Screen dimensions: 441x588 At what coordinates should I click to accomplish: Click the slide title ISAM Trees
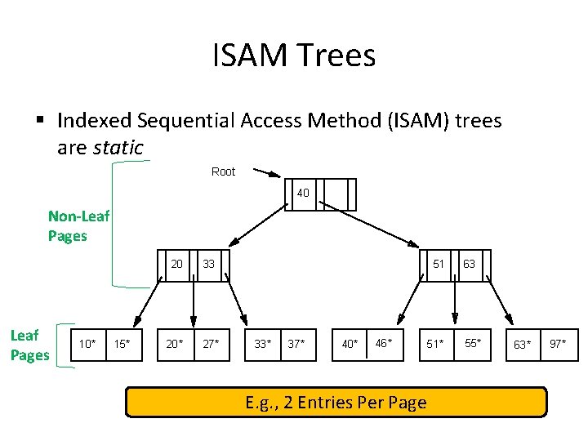(x=294, y=56)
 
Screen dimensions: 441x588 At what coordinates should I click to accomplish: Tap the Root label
(x=223, y=171)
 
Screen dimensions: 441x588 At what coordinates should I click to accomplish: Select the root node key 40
(x=303, y=194)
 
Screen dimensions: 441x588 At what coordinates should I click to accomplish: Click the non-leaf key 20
(x=176, y=264)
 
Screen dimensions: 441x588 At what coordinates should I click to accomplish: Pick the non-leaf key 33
(x=209, y=264)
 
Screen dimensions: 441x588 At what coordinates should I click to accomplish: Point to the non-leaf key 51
(x=439, y=264)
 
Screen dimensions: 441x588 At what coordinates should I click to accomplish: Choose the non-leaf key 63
(x=469, y=264)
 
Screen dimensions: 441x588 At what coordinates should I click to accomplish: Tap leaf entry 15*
(x=123, y=344)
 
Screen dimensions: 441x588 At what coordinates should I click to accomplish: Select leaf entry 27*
(x=211, y=344)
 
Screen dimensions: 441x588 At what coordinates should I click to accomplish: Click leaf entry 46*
(x=383, y=343)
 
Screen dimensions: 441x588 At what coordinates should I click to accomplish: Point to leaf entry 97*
(x=559, y=343)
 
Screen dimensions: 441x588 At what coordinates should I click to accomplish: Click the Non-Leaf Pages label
(x=78, y=226)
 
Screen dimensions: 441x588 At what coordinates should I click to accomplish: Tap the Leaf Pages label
(x=29, y=345)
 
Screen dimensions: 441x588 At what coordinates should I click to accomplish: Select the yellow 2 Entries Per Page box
(x=336, y=403)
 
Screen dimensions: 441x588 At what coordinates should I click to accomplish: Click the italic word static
(x=118, y=148)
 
